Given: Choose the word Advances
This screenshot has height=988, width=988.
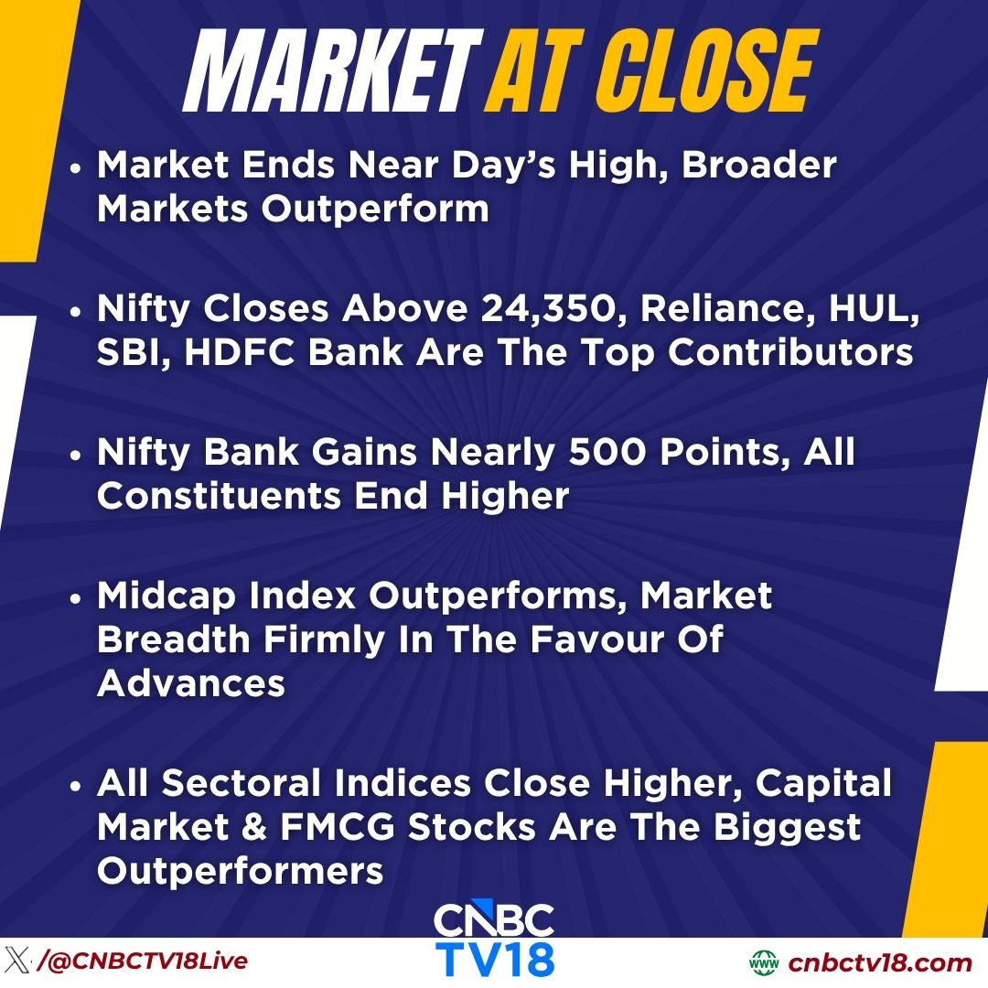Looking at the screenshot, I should [x=190, y=683].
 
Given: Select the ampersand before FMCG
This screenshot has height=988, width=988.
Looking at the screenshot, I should [x=251, y=828].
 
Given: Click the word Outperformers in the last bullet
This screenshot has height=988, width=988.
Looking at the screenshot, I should [x=240, y=872].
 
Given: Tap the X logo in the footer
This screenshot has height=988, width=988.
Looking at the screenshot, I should [x=17, y=961].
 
